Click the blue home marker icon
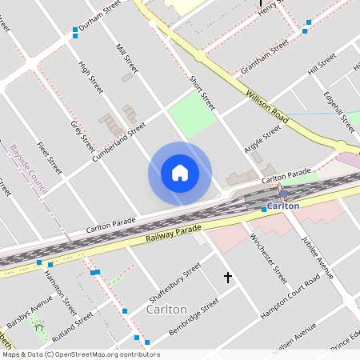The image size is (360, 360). [179, 173]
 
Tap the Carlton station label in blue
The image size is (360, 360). [283, 206]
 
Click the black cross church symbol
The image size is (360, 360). [227, 278]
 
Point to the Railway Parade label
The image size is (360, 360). [174, 234]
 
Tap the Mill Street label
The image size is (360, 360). [127, 59]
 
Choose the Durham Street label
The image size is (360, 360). [100, 15]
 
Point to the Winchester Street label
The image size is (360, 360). [267, 258]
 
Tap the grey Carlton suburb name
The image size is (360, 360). [167, 309]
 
